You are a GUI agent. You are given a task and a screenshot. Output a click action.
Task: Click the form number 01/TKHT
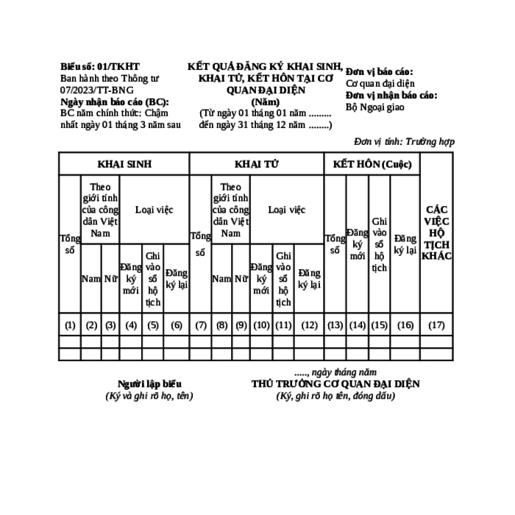[118, 67]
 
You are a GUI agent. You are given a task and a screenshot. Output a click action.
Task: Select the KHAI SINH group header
[124, 164]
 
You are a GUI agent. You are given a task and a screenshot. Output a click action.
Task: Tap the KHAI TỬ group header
[257, 164]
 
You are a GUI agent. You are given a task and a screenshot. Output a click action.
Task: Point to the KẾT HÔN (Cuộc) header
[372, 164]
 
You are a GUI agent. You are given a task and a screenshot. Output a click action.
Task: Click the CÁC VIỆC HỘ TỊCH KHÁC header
[436, 232]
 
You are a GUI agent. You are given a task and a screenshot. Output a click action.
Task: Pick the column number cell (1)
[70, 325]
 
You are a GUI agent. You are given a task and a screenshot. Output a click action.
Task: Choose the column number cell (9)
[241, 325]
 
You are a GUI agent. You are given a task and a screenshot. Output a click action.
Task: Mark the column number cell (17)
[436, 325]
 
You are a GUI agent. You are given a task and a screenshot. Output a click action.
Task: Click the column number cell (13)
[335, 325]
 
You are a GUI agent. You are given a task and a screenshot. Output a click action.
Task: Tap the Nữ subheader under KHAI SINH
[110, 279]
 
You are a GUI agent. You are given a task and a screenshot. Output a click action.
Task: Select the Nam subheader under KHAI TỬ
[221, 279]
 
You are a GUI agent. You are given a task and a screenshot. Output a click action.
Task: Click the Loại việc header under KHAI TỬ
[287, 210]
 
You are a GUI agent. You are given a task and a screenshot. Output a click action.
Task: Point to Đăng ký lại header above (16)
[405, 244]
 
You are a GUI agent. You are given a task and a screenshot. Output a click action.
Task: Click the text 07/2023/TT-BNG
[97, 90]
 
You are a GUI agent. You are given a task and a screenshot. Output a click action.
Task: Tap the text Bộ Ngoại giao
[374, 107]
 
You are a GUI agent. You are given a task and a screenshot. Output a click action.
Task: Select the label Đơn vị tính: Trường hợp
[405, 141]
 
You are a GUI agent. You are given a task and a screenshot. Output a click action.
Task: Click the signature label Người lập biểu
[149, 383]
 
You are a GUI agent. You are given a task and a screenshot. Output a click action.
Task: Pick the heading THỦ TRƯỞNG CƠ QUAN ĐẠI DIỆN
[335, 383]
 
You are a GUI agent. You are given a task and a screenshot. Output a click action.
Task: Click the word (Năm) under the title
[266, 102]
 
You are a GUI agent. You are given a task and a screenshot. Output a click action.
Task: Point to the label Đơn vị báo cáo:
[380, 71]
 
